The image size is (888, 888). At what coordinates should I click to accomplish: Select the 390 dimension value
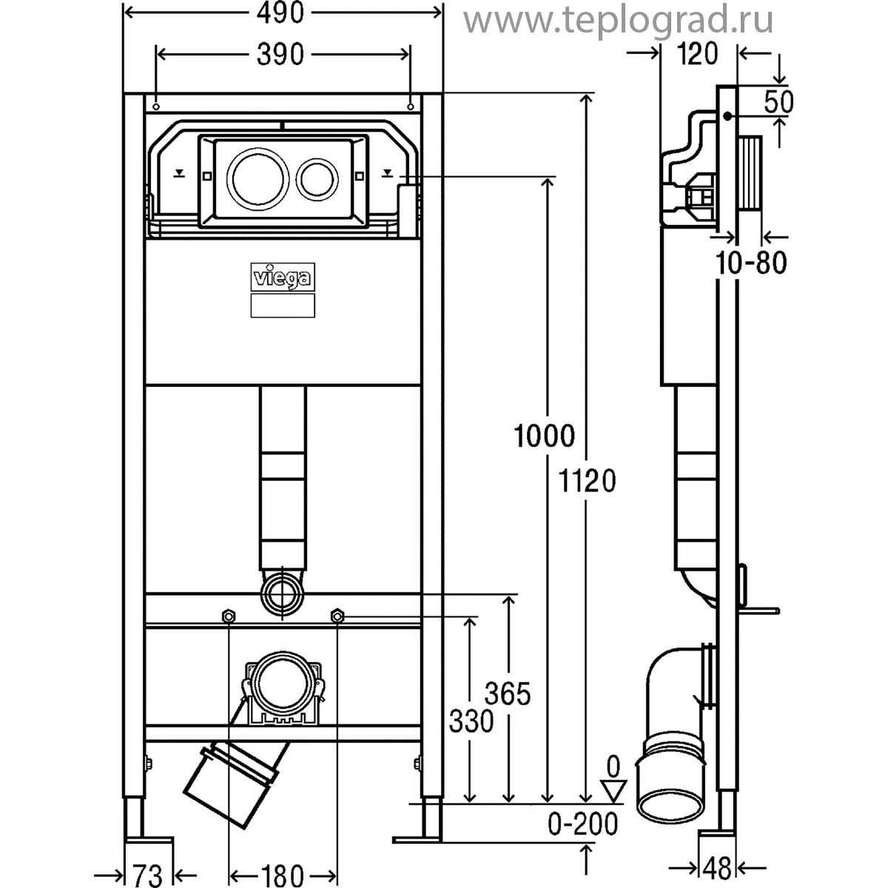[281, 55]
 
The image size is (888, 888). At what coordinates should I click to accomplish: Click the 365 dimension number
[508, 695]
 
